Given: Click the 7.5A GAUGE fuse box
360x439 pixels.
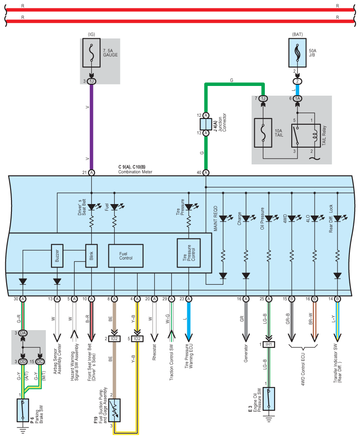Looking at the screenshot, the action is tap(92, 52).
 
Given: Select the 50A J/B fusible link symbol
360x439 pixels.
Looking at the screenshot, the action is tap(297, 52).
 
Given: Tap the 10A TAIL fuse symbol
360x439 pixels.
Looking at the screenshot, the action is tap(263, 133).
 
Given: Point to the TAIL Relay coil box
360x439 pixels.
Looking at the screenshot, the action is tap(306, 135).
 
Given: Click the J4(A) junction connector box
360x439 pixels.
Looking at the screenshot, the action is tap(206, 124).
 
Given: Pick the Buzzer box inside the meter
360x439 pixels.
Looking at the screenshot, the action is tap(57, 256).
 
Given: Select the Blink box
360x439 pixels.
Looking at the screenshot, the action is tap(92, 256).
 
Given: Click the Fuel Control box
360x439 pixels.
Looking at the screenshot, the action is tap(126, 256).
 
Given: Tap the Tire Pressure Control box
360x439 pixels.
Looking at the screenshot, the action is tap(189, 253).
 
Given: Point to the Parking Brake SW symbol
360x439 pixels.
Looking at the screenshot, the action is tap(22, 410).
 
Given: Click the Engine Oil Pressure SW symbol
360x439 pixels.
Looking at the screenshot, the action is tap(269, 399).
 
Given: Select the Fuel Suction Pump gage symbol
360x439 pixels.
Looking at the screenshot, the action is tap(114, 410).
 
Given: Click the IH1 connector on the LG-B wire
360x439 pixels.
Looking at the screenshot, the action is tap(269, 344).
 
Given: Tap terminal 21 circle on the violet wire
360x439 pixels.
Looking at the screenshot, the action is tap(92, 173).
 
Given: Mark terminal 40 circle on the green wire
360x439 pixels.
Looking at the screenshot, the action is tap(206, 173).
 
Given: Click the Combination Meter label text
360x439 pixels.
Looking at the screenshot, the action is tap(135, 172).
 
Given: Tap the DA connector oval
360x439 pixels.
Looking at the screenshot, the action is tap(22, 333).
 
